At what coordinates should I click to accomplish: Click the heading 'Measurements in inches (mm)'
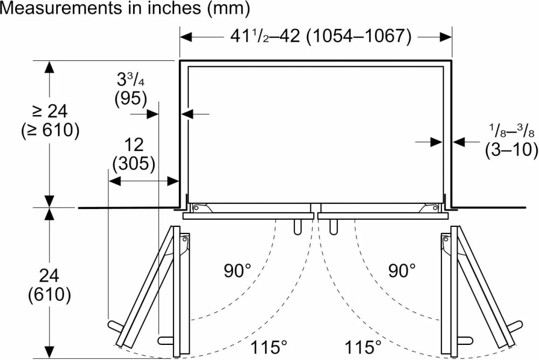(125, 8)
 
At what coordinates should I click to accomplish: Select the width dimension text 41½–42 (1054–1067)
(320, 36)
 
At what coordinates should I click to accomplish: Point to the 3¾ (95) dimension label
(130, 89)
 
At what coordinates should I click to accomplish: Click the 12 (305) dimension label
(134, 154)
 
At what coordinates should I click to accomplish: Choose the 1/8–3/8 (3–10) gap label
(512, 141)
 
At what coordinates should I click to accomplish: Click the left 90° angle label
(238, 271)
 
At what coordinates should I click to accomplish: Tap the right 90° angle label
(402, 271)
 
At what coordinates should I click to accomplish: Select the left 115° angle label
(268, 347)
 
